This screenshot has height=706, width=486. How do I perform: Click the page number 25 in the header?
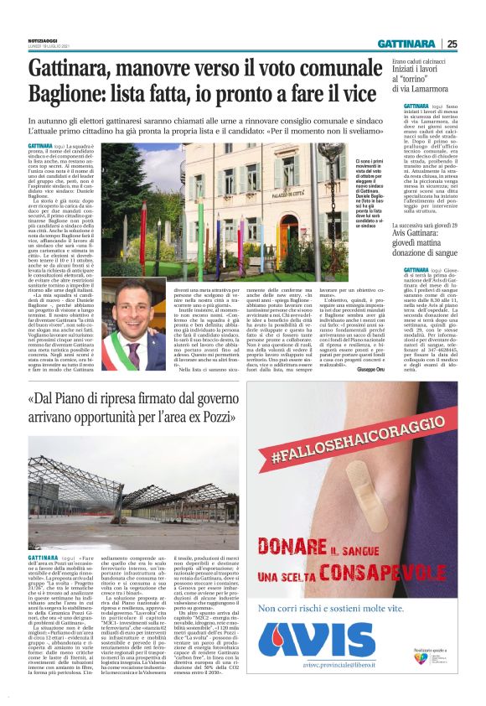pos(475,44)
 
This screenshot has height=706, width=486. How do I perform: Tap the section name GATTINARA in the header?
pos(416,44)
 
